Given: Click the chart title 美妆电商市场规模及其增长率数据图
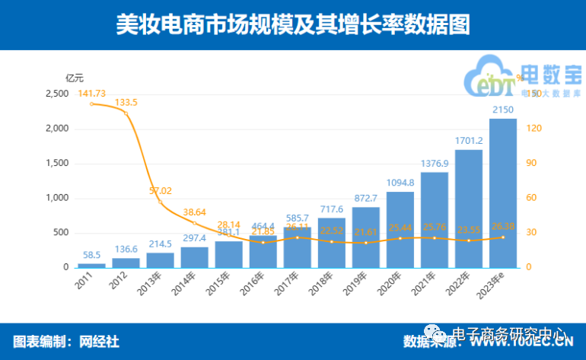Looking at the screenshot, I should coord(292,24).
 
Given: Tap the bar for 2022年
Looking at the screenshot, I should coord(469,209).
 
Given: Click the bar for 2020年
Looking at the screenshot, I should coord(400,229).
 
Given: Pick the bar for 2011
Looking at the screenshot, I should coord(91,266).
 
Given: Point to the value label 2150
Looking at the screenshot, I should coord(503,111).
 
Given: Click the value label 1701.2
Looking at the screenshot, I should coord(469,141).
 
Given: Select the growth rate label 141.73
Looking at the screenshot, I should coord(91,93).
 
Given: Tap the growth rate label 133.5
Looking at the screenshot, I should coord(126,102).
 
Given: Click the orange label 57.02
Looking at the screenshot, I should coord(160,190).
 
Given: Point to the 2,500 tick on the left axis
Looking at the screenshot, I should coord(57,94).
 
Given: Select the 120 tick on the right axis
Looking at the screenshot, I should coord(533,129).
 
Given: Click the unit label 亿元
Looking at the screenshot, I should coord(75,78).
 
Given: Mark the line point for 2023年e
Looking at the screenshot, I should coord(503,237).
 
